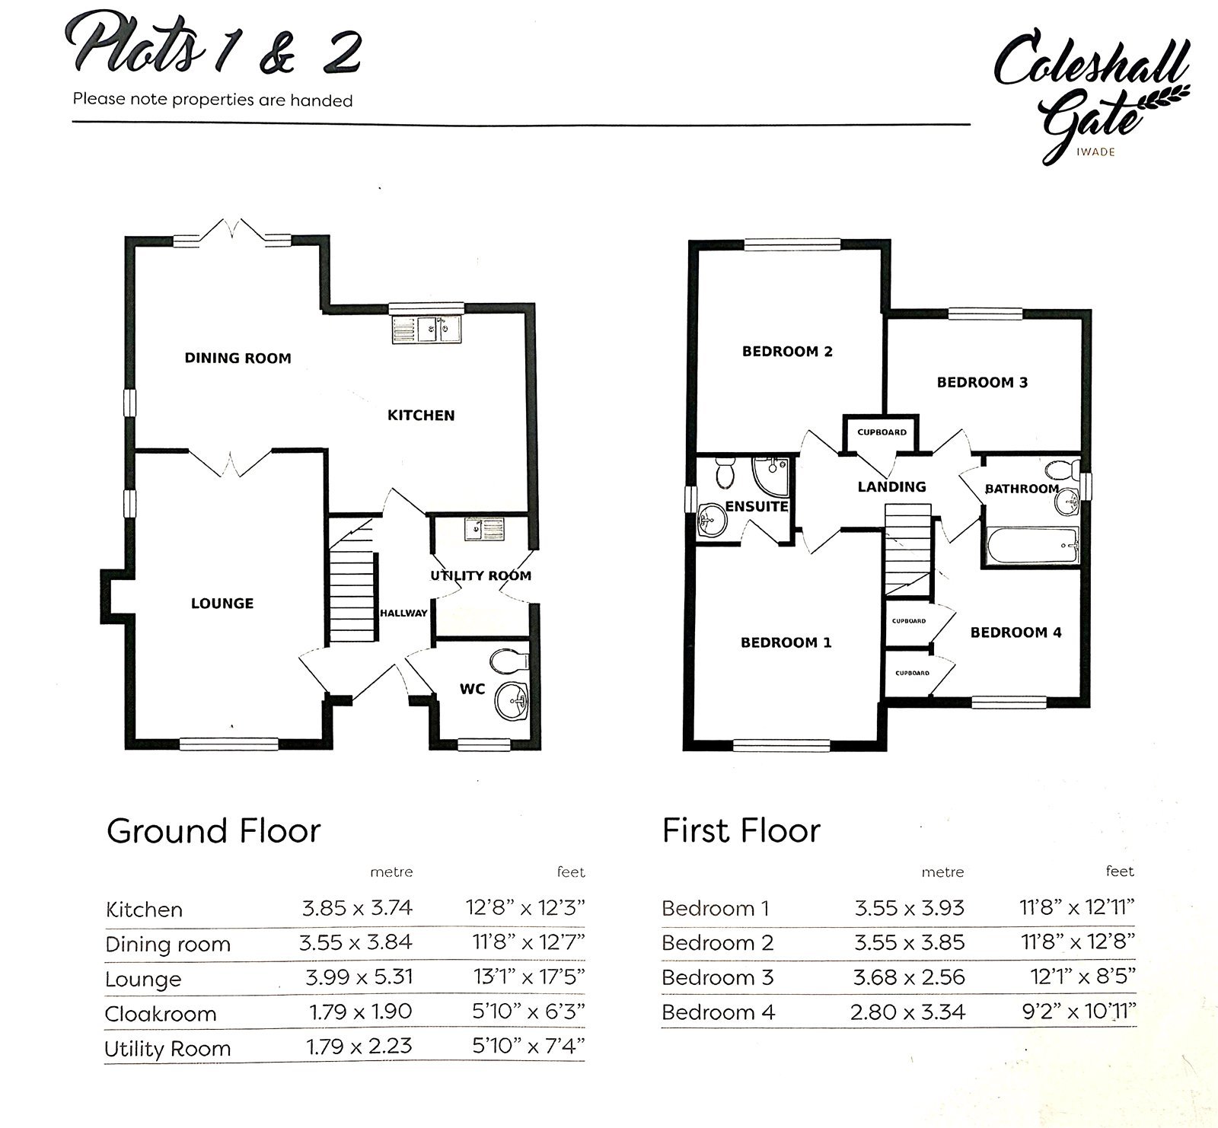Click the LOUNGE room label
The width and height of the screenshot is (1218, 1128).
coord(222,604)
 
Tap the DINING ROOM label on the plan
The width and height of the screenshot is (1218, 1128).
coord(238,358)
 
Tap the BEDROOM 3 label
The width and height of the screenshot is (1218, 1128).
coord(982,382)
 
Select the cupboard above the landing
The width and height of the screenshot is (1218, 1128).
coord(882,432)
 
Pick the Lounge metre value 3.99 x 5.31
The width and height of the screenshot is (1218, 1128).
coord(358,977)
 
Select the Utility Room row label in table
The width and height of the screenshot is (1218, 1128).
coord(167,1048)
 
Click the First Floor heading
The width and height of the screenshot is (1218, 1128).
coord(741,830)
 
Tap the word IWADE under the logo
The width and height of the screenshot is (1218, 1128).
coord(1096,151)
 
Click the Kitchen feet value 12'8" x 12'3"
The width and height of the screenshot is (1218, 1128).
coord(525,907)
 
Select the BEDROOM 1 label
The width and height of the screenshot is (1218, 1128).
coord(786,642)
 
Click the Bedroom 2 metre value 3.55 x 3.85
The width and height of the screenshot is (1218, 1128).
coord(909,942)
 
